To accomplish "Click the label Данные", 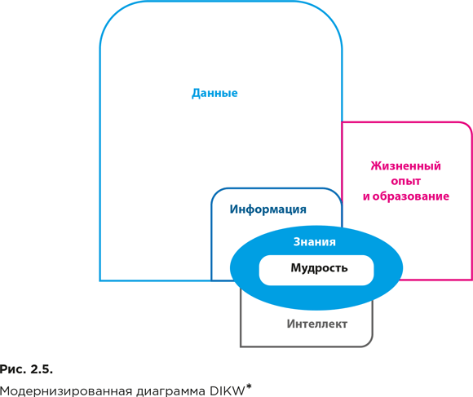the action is tap(214, 93).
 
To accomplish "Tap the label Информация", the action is tap(267, 210).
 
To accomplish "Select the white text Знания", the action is tap(314, 242).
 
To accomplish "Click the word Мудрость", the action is tap(319, 268).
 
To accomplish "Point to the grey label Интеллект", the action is tap(317, 324).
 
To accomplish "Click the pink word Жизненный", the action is tap(406, 165).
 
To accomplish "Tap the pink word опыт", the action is tap(406, 181).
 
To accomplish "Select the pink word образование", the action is tap(411, 196).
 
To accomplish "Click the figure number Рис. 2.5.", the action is tap(26, 369).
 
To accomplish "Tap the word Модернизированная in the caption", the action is tap(66, 391).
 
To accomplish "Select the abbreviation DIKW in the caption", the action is tap(228, 391).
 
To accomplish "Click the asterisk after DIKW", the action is tap(249, 386).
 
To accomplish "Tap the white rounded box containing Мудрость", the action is tap(316, 270).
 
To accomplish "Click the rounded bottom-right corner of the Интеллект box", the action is tap(369, 343).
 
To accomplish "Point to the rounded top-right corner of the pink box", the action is tap(467, 126).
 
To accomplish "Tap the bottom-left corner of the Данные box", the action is tap(100, 280).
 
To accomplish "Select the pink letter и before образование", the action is tap(366, 196).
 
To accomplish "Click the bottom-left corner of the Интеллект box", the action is tap(241, 346).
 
